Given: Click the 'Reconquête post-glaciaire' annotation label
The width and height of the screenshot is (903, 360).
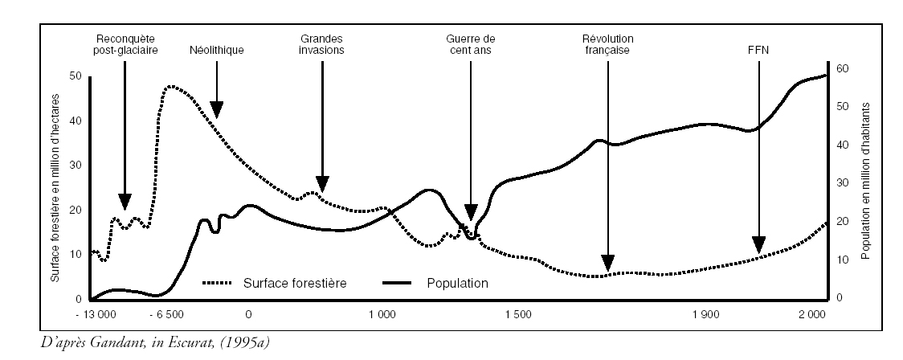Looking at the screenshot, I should (x=125, y=44).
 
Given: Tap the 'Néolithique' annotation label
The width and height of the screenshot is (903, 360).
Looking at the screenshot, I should (x=217, y=50).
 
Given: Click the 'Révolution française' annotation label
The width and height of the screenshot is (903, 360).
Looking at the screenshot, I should (x=607, y=44).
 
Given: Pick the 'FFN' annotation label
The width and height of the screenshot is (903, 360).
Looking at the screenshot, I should (x=758, y=50).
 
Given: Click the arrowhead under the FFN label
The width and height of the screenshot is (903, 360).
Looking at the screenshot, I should (x=758, y=244).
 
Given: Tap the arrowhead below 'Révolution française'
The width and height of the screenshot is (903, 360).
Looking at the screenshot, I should (x=608, y=262).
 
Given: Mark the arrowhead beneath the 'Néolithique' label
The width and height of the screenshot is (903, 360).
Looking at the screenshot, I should (x=217, y=111).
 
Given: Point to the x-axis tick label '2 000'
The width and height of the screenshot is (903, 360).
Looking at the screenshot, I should (x=813, y=313).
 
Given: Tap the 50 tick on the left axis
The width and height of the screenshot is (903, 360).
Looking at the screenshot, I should (x=76, y=76).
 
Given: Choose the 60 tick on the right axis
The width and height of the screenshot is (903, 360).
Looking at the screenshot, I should (x=841, y=69).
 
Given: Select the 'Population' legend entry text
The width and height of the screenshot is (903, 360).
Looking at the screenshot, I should (x=459, y=284).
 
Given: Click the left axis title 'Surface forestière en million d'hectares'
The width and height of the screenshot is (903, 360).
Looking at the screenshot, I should (x=56, y=186).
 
